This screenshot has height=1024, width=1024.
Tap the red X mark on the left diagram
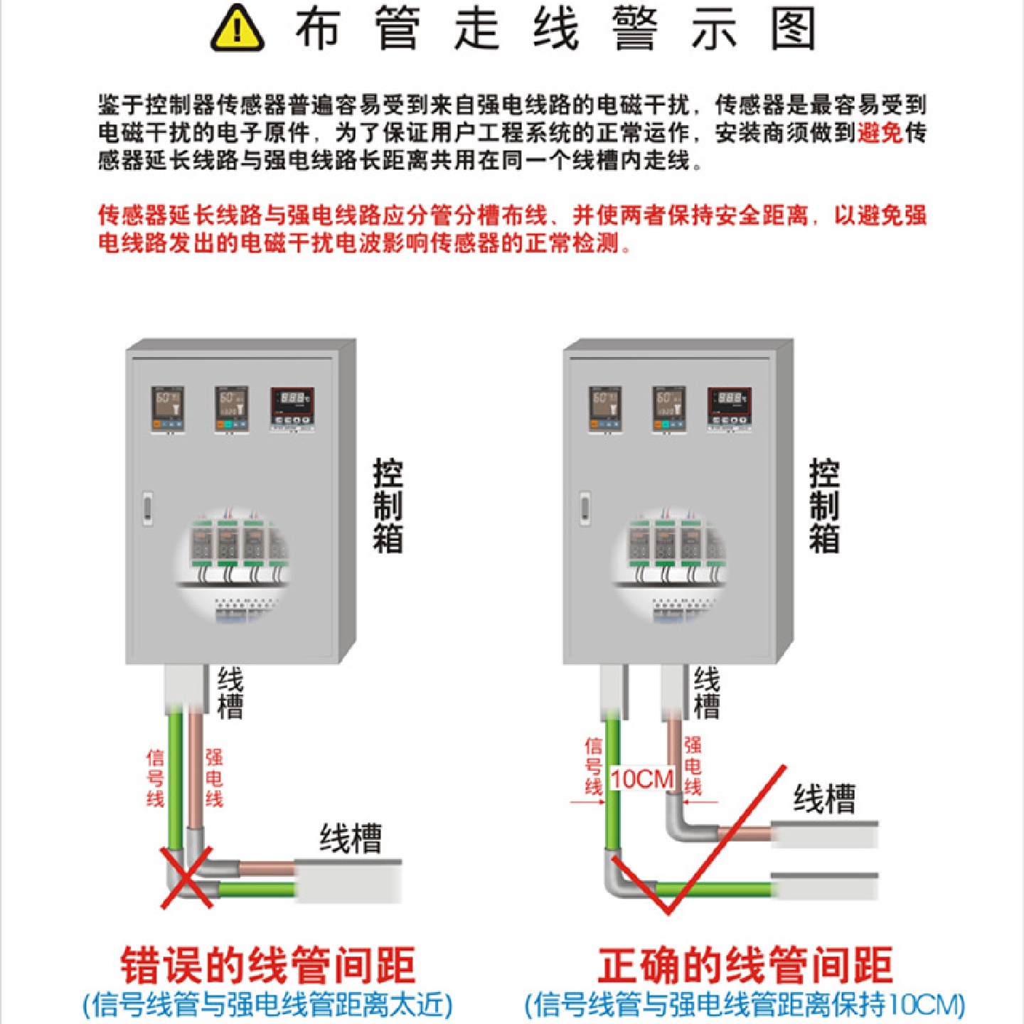(x=187, y=877)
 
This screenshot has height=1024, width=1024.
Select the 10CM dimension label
(x=642, y=779)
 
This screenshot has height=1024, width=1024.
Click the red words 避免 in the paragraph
(x=880, y=133)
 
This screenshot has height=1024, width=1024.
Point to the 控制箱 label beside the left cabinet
(x=388, y=506)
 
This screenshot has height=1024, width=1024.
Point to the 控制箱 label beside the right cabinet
(x=824, y=506)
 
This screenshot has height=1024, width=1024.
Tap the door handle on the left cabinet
(x=148, y=507)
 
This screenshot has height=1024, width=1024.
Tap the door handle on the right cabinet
(x=585, y=507)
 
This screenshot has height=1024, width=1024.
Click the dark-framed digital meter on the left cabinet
(x=292, y=408)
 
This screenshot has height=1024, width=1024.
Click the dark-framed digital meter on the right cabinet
(x=729, y=408)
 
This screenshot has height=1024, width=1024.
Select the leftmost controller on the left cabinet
(x=168, y=409)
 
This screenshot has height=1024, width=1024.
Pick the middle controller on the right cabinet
(x=669, y=409)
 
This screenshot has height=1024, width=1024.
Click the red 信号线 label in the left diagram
(x=155, y=778)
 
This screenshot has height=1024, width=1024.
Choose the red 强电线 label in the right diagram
(x=693, y=766)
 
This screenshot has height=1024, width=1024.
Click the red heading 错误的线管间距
(x=267, y=966)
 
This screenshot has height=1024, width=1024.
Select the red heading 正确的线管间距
(x=745, y=966)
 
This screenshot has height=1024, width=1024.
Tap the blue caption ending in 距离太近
(x=267, y=1005)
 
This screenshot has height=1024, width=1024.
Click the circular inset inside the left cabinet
(x=233, y=562)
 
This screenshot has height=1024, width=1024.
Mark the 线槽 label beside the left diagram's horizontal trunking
(x=350, y=838)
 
